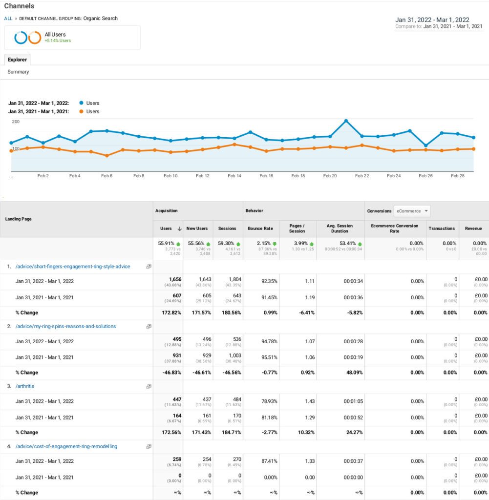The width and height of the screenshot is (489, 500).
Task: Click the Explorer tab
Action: pyautogui.click(x=17, y=60)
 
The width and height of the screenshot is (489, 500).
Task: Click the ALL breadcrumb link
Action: pyautogui.click(x=8, y=19)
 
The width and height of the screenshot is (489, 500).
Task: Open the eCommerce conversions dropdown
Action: pyautogui.click(x=412, y=211)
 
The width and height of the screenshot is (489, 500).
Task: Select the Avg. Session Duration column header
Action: pyautogui.click(x=340, y=228)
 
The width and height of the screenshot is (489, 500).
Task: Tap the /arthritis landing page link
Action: pyautogui.click(x=24, y=386)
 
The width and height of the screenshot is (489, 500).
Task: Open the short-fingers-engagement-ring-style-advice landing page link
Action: pyautogui.click(x=73, y=267)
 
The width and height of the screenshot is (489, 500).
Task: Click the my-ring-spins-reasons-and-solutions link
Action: pyautogui.click(x=65, y=326)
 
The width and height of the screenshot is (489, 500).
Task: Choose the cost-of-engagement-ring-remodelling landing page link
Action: pyautogui.click(x=66, y=446)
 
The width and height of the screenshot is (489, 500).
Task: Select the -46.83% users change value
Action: pyautogui.click(x=171, y=373)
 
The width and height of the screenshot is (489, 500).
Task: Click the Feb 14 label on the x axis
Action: pyautogui.click(x=234, y=176)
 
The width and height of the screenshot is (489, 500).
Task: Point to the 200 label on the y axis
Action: pyautogui.click(x=16, y=122)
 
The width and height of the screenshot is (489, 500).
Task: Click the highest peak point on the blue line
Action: pyautogui.click(x=346, y=121)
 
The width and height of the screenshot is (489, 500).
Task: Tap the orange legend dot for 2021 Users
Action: pyautogui.click(x=81, y=111)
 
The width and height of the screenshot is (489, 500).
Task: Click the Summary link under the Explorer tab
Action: pyautogui.click(x=18, y=72)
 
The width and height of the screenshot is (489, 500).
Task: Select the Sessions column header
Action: pyautogui.click(x=227, y=228)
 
